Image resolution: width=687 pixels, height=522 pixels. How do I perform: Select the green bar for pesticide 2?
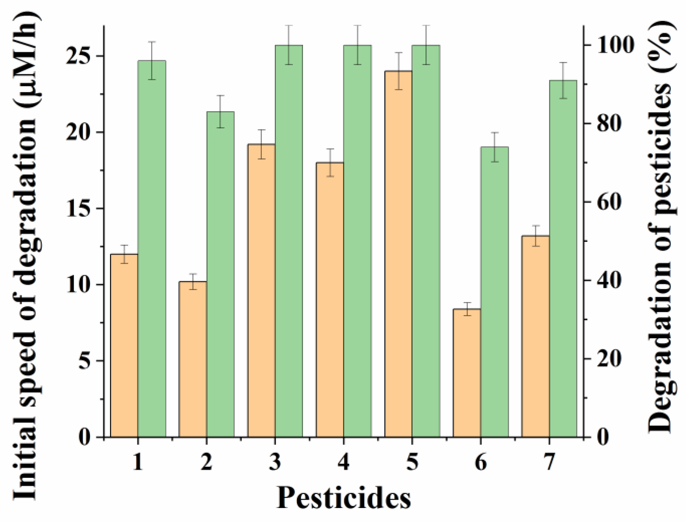tap(220, 274)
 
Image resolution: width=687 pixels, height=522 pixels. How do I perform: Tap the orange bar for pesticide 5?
tap(398, 254)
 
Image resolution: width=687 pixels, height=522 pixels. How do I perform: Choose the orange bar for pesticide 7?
tap(536, 336)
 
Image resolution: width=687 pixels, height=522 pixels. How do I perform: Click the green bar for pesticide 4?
tap(357, 241)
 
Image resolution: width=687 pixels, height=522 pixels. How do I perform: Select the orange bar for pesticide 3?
tap(261, 290)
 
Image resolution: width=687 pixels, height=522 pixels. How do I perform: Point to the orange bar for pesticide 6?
tap(467, 373)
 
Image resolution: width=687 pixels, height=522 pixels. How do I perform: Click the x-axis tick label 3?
tap(275, 463)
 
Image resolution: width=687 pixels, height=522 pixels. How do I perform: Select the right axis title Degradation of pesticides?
tap(660, 227)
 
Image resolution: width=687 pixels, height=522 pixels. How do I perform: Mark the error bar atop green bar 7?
tap(563, 80)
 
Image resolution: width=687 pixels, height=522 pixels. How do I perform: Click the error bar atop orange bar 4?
tap(330, 162)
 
